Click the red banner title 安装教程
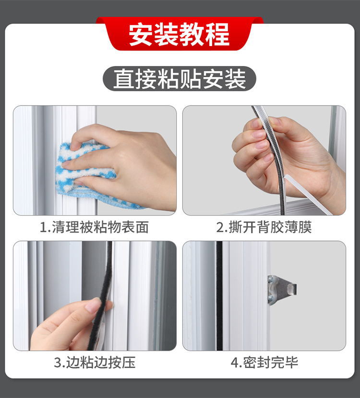coord(180,35)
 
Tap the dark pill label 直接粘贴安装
coord(180,79)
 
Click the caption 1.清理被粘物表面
coord(94,227)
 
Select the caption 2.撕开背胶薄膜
coord(264,227)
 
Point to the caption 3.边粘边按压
coord(94,362)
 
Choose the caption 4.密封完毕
coord(264,362)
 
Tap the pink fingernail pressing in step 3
coord(92,305)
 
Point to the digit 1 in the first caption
coord(43,228)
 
